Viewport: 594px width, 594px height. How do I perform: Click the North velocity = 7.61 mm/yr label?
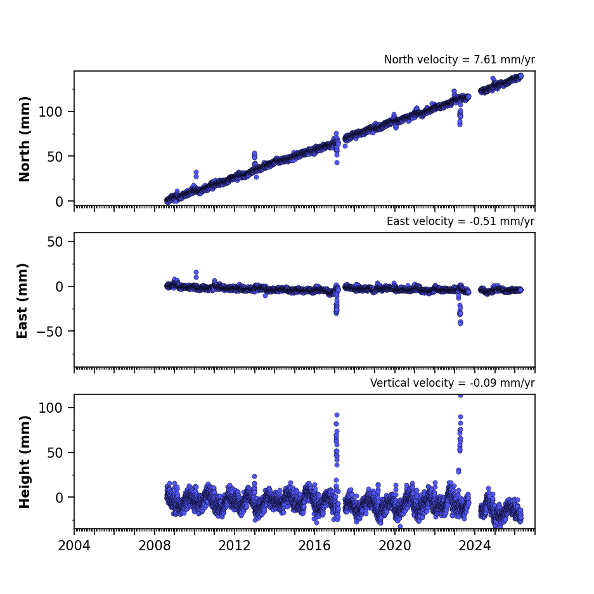pyautogui.click(x=460, y=60)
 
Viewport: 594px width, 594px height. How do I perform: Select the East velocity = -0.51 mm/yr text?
pyautogui.click(x=461, y=221)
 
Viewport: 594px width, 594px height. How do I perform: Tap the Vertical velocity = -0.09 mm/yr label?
pyautogui.click(x=453, y=383)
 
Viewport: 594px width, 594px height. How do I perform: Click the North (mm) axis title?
pyautogui.click(x=24, y=139)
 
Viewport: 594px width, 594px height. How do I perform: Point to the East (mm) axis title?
pyautogui.click(x=22, y=300)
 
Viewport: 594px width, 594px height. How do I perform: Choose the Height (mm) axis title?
pyautogui.click(x=24, y=462)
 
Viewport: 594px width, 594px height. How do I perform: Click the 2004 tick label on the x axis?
pyautogui.click(x=74, y=546)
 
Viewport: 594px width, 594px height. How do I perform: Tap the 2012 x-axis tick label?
pyautogui.click(x=235, y=546)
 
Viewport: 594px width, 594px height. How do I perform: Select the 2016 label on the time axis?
pyautogui.click(x=314, y=546)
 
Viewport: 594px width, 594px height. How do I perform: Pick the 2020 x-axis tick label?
pyautogui.click(x=395, y=546)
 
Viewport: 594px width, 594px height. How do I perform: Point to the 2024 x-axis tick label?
pyautogui.click(x=475, y=546)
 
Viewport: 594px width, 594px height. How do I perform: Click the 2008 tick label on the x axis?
pyautogui.click(x=154, y=546)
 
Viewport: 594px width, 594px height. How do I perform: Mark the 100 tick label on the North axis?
pyautogui.click(x=51, y=112)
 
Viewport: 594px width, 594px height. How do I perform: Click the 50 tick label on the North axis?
pyautogui.click(x=55, y=157)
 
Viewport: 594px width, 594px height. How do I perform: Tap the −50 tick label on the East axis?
pyautogui.click(x=49, y=332)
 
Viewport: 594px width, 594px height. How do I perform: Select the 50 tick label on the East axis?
pyautogui.click(x=55, y=242)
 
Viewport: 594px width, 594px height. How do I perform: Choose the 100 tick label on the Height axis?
pyautogui.click(x=51, y=408)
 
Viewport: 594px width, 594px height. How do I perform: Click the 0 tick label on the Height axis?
pyautogui.click(x=59, y=498)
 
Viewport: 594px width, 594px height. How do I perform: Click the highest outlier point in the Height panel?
pyautogui.click(x=460, y=396)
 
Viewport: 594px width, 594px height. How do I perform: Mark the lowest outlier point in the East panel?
pyautogui.click(x=460, y=323)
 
